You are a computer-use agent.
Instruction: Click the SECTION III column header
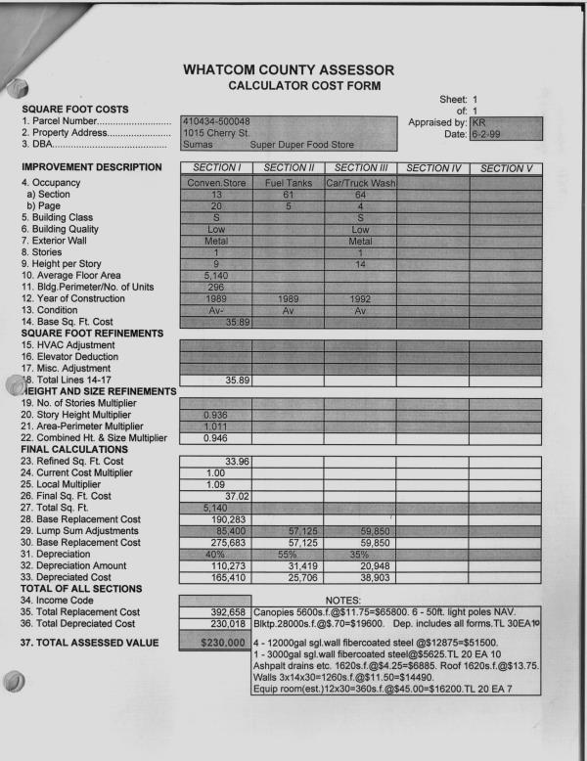(x=360, y=168)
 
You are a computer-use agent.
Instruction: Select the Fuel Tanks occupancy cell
(x=288, y=183)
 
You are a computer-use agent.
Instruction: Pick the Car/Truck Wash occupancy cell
(x=360, y=183)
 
